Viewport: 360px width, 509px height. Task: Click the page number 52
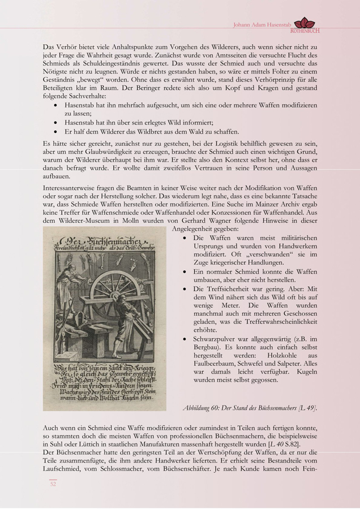[x=53, y=484]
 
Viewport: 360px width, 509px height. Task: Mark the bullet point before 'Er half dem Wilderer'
[x=54, y=131]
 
